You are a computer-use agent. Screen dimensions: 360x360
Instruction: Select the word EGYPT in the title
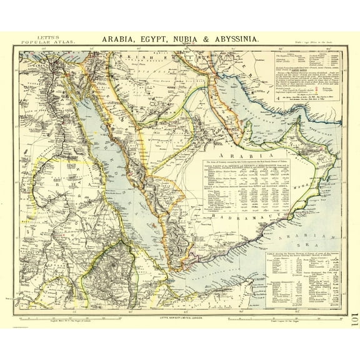(153, 39)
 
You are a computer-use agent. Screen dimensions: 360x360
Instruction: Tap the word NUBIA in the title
(190, 39)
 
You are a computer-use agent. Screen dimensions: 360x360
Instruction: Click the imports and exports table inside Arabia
(238, 187)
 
